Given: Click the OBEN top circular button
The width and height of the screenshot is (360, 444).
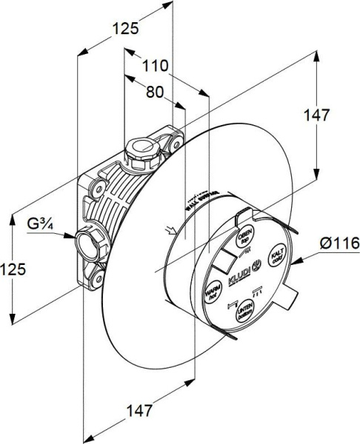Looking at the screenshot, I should [x=243, y=238].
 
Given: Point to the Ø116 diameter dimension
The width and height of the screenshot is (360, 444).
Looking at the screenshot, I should [x=339, y=243].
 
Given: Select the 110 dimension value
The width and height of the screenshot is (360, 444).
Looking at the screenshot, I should [x=155, y=67].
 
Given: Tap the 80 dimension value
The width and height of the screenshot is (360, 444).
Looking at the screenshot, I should [x=154, y=93].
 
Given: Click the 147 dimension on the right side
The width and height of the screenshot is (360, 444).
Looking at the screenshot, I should [x=316, y=116].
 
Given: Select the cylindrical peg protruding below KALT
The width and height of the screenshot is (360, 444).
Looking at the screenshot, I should [x=289, y=299].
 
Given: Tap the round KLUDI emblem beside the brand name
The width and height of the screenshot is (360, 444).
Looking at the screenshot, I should [x=257, y=264].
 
